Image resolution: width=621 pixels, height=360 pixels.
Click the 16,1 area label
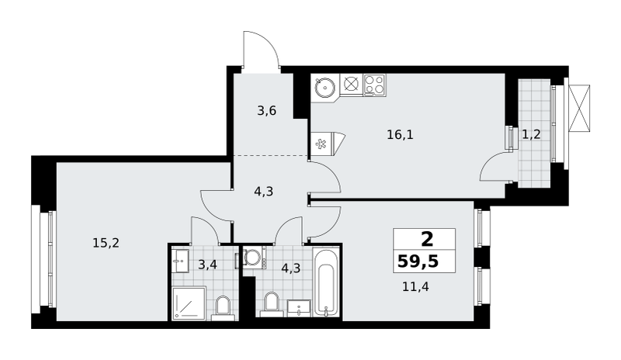click(400, 135)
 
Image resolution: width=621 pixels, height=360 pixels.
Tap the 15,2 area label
click(106, 243)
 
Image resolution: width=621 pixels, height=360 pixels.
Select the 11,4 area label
click(415, 286)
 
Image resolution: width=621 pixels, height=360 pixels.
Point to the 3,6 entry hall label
click(266, 110)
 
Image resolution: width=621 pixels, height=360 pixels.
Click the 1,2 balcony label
click(531, 135)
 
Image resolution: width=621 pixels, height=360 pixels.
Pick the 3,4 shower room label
click(207, 264)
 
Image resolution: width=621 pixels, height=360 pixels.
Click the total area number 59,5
click(418, 261)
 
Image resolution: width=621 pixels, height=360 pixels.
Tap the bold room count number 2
click(427, 239)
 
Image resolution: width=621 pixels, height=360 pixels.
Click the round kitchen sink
click(325, 86)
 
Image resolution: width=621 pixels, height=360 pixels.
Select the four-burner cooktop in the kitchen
click(374, 85)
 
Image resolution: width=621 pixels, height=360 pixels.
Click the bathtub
click(326, 282)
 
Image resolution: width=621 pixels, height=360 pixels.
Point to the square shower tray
click(189, 303)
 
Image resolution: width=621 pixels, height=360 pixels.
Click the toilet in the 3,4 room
click(224, 308)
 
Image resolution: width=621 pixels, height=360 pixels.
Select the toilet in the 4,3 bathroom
click(271, 304)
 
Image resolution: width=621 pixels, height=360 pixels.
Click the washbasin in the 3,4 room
click(182, 261)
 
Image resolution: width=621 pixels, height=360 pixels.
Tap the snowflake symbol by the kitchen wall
click(320, 144)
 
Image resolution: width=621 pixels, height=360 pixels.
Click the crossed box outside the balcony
click(579, 108)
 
